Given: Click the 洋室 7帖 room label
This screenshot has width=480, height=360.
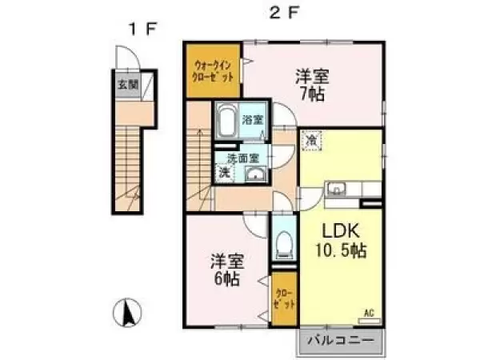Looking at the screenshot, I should pyautogui.click(x=311, y=84).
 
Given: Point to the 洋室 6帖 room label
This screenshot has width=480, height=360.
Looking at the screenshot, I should pyautogui.click(x=226, y=270).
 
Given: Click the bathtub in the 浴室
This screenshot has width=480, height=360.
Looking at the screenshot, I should pyautogui.click(x=226, y=122).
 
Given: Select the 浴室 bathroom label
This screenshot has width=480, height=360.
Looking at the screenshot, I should pyautogui.click(x=254, y=120).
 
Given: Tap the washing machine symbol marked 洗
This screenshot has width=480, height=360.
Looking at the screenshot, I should pyautogui.click(x=225, y=172).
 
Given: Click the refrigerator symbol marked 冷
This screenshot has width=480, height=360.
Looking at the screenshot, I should pyautogui.click(x=310, y=139).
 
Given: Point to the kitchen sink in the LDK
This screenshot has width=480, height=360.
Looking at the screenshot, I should pyautogui.click(x=337, y=190).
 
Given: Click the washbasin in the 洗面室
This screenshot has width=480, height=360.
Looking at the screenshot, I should pyautogui.click(x=256, y=177).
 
